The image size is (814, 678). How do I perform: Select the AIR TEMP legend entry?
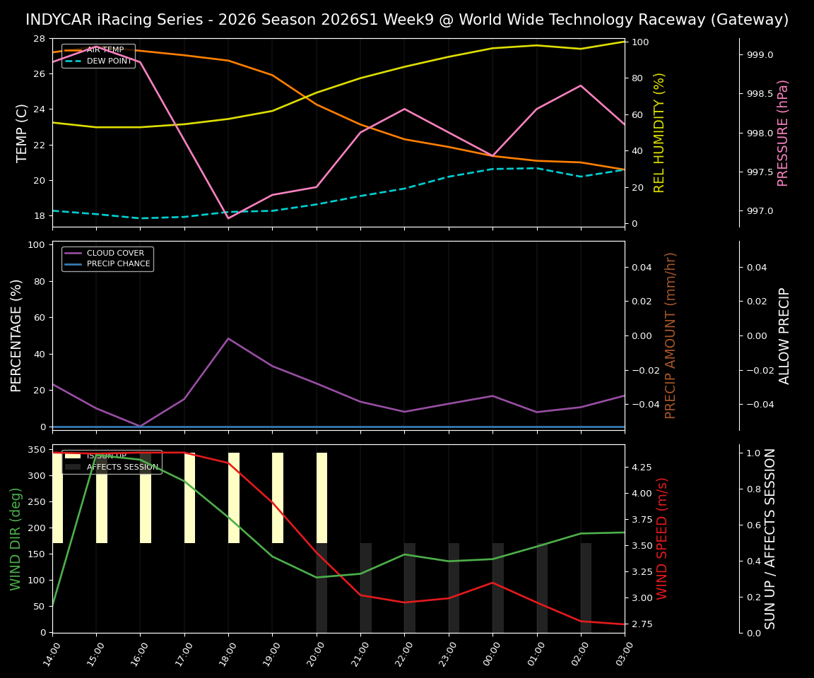coord(105,50)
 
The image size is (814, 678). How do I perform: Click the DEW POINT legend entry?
coord(109,61)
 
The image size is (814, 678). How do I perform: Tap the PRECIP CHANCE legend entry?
coord(118,264)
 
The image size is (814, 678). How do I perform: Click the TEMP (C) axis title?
coord(22,133)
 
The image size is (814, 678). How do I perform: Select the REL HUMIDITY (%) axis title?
coord(660,133)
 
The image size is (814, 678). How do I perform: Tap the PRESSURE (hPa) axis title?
coord(783,133)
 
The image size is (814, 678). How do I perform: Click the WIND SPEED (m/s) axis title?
coord(662,538)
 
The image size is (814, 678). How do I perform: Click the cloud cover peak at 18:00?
coord(228,338)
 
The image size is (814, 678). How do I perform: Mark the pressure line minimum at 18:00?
coord(228,218)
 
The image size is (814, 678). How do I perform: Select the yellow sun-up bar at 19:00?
coord(278,498)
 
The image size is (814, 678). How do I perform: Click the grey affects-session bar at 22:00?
coord(410,588)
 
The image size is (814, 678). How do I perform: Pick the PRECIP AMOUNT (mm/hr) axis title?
coord(671,335)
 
